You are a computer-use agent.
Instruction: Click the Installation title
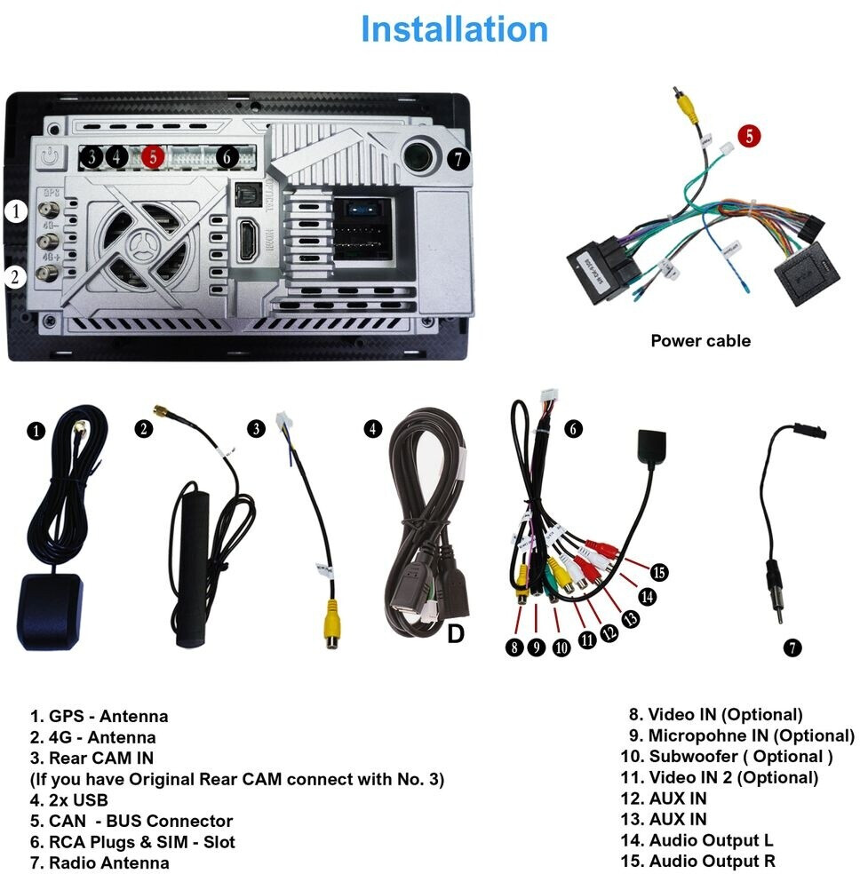pyautogui.click(x=454, y=29)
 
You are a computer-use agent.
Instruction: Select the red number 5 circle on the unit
pyautogui.click(x=153, y=157)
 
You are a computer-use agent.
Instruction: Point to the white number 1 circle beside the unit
pyautogui.click(x=14, y=211)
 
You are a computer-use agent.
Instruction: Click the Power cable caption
pyautogui.click(x=700, y=340)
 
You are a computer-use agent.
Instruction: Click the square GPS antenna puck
pyautogui.click(x=50, y=612)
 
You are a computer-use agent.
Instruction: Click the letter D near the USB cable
pyautogui.click(x=456, y=635)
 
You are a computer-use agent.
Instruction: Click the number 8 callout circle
pyautogui.click(x=514, y=647)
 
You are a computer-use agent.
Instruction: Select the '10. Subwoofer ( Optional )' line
pyautogui.click(x=727, y=757)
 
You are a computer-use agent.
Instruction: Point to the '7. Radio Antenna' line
pyautogui.click(x=100, y=862)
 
